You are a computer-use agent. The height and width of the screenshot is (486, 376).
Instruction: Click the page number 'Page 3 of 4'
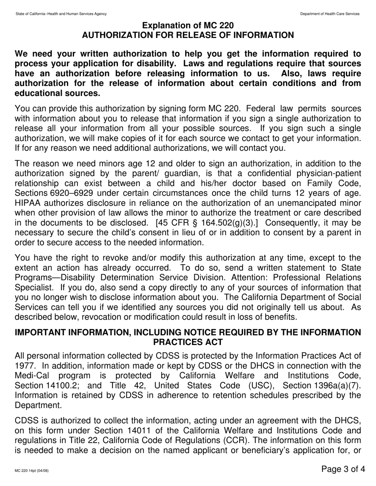coord(343,469)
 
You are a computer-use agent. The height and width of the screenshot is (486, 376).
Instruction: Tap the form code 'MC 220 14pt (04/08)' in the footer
coord(32,471)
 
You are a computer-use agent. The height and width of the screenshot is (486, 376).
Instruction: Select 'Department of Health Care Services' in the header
coord(330,14)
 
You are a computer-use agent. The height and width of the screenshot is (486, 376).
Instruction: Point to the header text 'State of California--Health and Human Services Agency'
coord(61,14)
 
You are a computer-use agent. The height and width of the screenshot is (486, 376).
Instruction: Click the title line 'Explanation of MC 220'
coord(188,26)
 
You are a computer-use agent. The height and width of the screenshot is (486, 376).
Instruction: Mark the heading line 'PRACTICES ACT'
coord(188,342)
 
